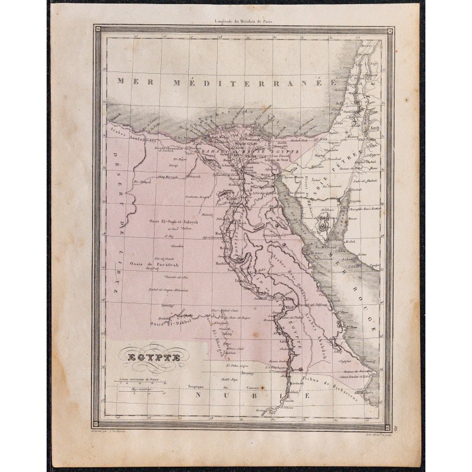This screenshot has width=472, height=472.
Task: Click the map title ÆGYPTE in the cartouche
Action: click(152, 356)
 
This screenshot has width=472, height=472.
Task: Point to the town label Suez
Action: click(265, 175)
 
